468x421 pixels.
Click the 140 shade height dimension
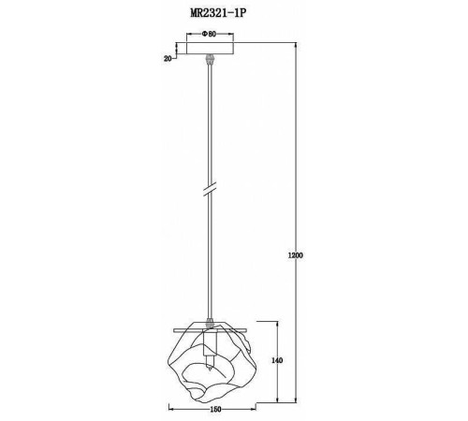click(x=277, y=359)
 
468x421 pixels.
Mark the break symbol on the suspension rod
click(x=210, y=190)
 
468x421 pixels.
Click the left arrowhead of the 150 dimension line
click(x=171, y=408)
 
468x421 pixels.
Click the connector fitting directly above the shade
click(x=210, y=320)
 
